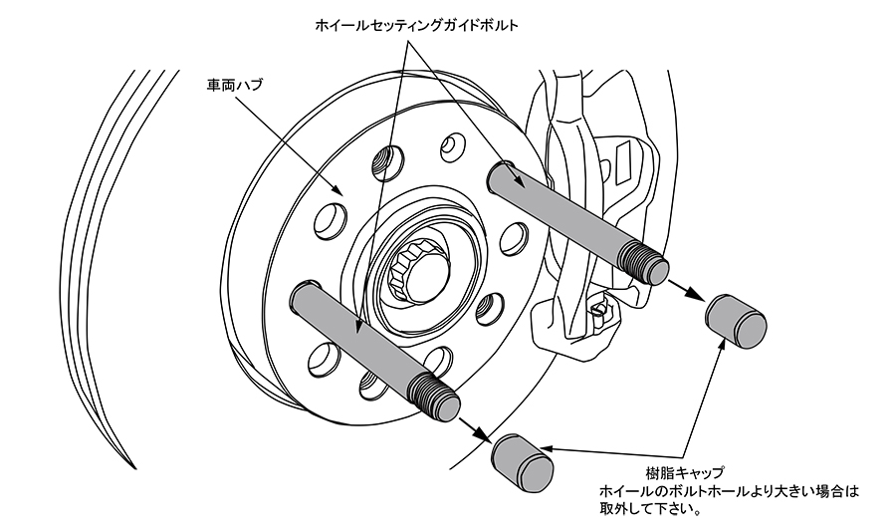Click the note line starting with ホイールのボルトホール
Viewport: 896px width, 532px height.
click(728, 491)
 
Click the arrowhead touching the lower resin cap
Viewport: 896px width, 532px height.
click(550, 450)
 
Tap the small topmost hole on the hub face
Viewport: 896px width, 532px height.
click(452, 146)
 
